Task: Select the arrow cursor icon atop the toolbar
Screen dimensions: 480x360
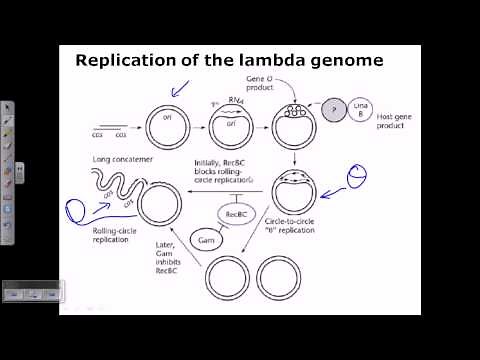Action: [7, 108]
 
